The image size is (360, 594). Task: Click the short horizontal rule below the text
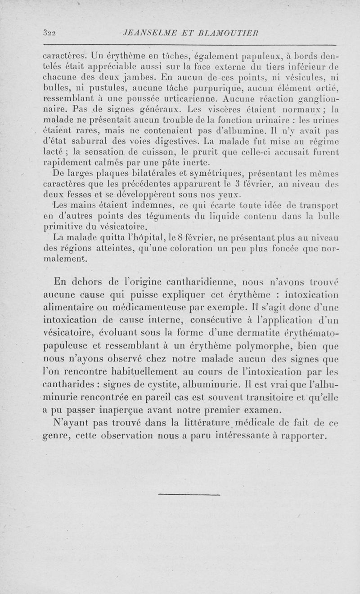pos(189,495)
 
